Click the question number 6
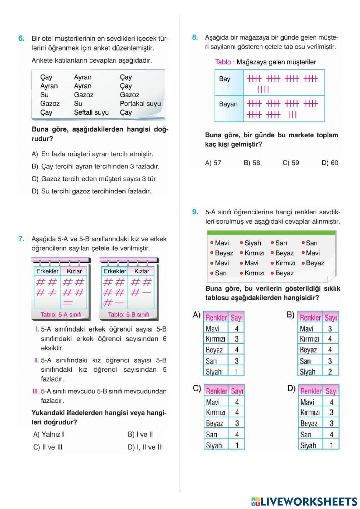tap(21, 38)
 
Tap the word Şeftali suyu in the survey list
tap(91, 112)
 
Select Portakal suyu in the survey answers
tap(140, 104)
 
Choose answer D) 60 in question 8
tap(330, 163)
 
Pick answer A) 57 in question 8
tap(213, 163)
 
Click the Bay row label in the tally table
tap(225, 79)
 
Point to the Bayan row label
tap(228, 104)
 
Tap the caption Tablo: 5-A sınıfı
tap(61, 314)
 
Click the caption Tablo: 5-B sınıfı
tap(129, 314)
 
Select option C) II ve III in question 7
tap(48, 447)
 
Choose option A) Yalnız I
tap(49, 434)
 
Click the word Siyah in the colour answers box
tap(253, 243)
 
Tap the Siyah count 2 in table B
tap(330, 372)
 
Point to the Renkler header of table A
tap(216, 317)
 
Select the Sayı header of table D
tap(331, 391)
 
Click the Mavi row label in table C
tap(213, 402)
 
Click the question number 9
tap(195, 212)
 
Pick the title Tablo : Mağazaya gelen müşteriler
tap(265, 62)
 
